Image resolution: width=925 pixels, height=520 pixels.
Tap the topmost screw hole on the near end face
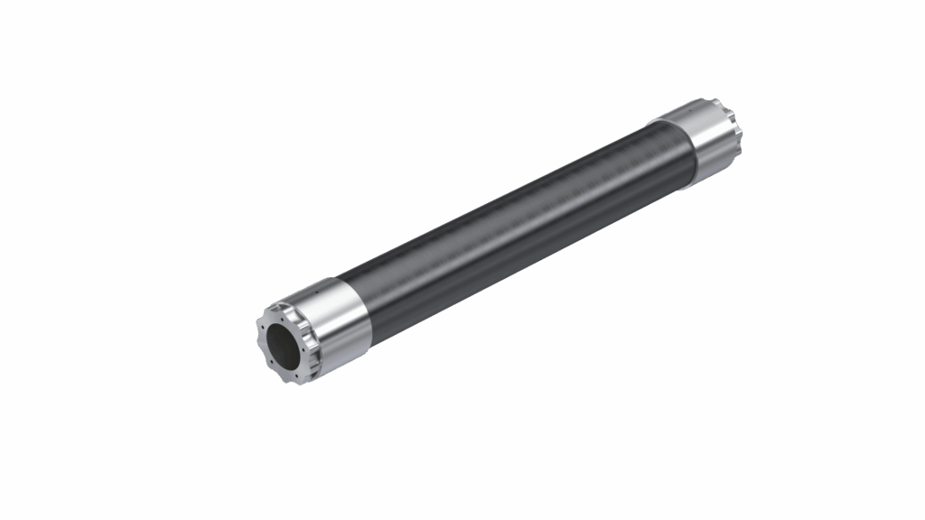tap(282, 320)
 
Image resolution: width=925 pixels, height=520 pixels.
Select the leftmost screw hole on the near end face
tap(263, 327)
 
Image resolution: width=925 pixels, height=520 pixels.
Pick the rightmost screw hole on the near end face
tap(304, 349)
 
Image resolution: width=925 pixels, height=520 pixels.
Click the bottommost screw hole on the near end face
tap(296, 376)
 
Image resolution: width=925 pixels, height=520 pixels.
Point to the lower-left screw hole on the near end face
tap(272, 361)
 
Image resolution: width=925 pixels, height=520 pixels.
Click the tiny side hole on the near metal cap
tap(316, 292)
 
